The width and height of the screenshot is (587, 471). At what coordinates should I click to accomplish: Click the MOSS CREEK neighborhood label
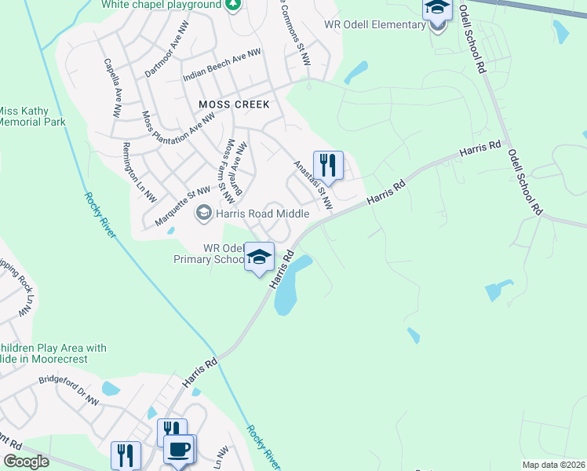pos(234,104)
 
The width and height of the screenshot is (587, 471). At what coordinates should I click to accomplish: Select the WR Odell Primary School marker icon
pos(259,257)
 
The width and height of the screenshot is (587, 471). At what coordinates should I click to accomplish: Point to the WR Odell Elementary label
pos(374,25)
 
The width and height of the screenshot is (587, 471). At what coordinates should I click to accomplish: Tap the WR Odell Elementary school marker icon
pos(438,11)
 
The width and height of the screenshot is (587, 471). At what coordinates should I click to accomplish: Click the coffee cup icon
pos(179,451)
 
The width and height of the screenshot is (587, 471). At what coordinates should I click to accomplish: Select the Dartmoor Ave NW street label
pos(168,55)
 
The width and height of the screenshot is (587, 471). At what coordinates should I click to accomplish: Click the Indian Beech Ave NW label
pos(221,65)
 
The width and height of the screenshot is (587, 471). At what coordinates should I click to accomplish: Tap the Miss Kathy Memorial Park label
pos(31,116)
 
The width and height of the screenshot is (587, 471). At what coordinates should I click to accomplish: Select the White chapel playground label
pos(161,5)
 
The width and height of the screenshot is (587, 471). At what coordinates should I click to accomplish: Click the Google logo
pos(26,462)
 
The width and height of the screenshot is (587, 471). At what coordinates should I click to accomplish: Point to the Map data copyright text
pos(554,465)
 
